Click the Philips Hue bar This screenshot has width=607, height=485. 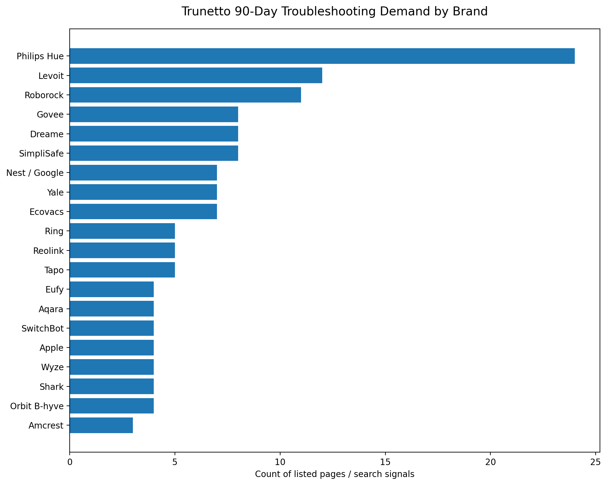click(x=322, y=56)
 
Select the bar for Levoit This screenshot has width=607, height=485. click(x=196, y=76)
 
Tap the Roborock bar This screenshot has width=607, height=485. click(x=185, y=95)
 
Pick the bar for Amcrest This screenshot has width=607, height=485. click(x=101, y=425)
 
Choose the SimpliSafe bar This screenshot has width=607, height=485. click(x=154, y=153)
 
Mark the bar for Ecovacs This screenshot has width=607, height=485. click(x=143, y=211)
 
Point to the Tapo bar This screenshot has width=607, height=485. click(x=122, y=270)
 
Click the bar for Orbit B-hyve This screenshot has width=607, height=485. click(x=112, y=406)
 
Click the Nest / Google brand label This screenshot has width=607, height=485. click(x=35, y=173)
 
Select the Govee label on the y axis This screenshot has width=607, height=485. click(x=50, y=115)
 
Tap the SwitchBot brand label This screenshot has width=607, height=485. click(x=43, y=328)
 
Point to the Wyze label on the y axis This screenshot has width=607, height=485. click(x=52, y=367)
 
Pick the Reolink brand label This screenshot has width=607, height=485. click(x=48, y=251)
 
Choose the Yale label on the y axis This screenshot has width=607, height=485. click(x=56, y=192)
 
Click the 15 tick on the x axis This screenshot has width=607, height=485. click(x=385, y=462)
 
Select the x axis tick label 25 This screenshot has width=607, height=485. click(x=596, y=462)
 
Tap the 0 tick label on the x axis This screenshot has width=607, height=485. click(x=70, y=462)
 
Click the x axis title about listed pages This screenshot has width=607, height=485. click(x=335, y=474)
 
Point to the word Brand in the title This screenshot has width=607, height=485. click(x=473, y=12)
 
